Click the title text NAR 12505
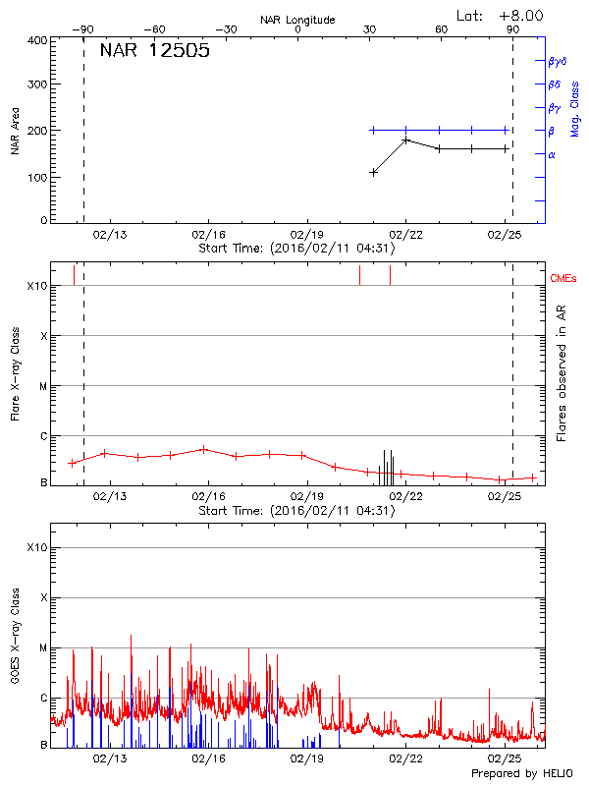[x=155, y=51]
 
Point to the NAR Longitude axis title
[x=297, y=20]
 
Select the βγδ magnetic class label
[x=557, y=61]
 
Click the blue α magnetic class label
[x=552, y=154]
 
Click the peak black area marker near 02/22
[x=405, y=140]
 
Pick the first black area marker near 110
[x=373, y=172]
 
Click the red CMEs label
[x=563, y=280]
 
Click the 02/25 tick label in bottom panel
[x=505, y=758]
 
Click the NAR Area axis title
[x=15, y=131]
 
